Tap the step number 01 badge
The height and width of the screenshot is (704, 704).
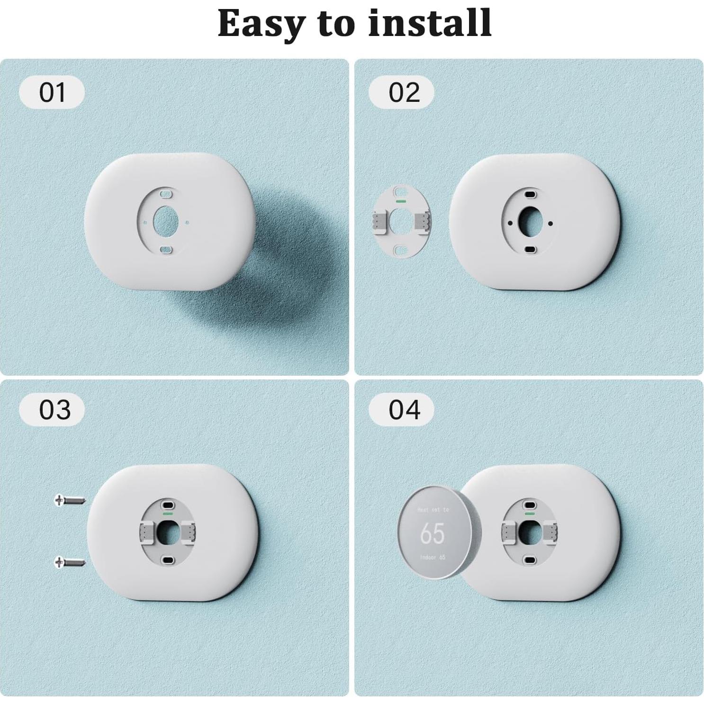pos(52,92)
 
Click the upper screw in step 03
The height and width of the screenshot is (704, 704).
pos(70,500)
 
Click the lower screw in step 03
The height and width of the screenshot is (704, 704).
pos(70,562)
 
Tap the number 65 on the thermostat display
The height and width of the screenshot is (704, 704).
pos(432,533)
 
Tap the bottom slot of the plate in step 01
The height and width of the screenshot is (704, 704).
pos(165,250)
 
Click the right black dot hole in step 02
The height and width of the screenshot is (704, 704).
pos(550,223)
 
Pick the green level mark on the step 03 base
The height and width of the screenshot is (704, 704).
pos(167,513)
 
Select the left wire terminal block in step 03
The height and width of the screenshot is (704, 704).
pos(147,532)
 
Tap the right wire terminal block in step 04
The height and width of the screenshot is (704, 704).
pos(551,532)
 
